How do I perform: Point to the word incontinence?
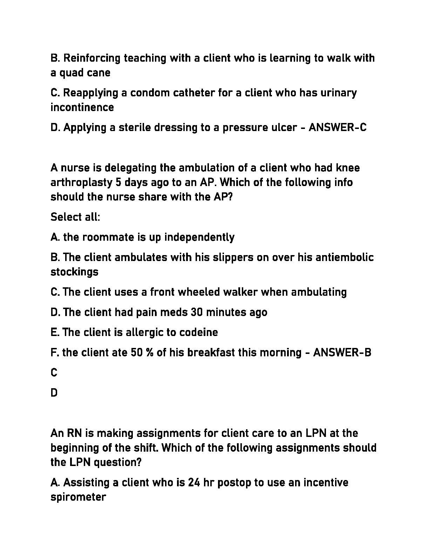82,107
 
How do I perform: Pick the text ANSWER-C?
338,127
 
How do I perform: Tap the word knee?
348,168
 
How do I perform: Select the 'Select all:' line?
75,217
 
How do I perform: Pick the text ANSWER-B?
342,352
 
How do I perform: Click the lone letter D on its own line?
54,393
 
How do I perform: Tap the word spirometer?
78,497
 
